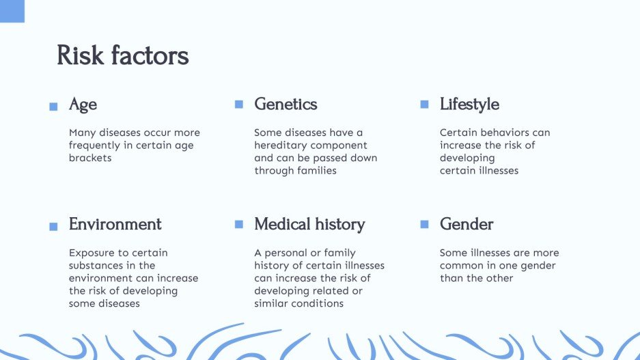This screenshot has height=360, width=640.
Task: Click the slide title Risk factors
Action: (122, 55)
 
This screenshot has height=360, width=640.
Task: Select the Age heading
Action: (83, 105)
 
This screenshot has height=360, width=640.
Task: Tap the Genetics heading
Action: (286, 105)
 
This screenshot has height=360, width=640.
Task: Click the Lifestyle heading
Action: (469, 105)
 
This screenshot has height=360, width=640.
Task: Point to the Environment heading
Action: (115, 225)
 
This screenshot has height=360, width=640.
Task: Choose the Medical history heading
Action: (309, 225)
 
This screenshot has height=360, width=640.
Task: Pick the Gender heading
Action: (466, 225)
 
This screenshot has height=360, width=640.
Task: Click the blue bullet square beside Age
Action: (53, 107)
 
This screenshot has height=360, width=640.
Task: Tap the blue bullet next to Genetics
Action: (239, 105)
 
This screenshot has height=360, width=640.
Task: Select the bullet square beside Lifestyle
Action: (424, 105)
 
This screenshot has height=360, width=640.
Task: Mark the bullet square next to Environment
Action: (53, 227)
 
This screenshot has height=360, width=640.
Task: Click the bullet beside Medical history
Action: (239, 224)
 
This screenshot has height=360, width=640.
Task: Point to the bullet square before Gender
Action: (424, 224)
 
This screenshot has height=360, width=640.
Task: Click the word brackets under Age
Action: (90, 158)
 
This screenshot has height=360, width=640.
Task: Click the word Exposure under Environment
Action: (93, 253)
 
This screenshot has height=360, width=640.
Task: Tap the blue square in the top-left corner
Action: (12, 11)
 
